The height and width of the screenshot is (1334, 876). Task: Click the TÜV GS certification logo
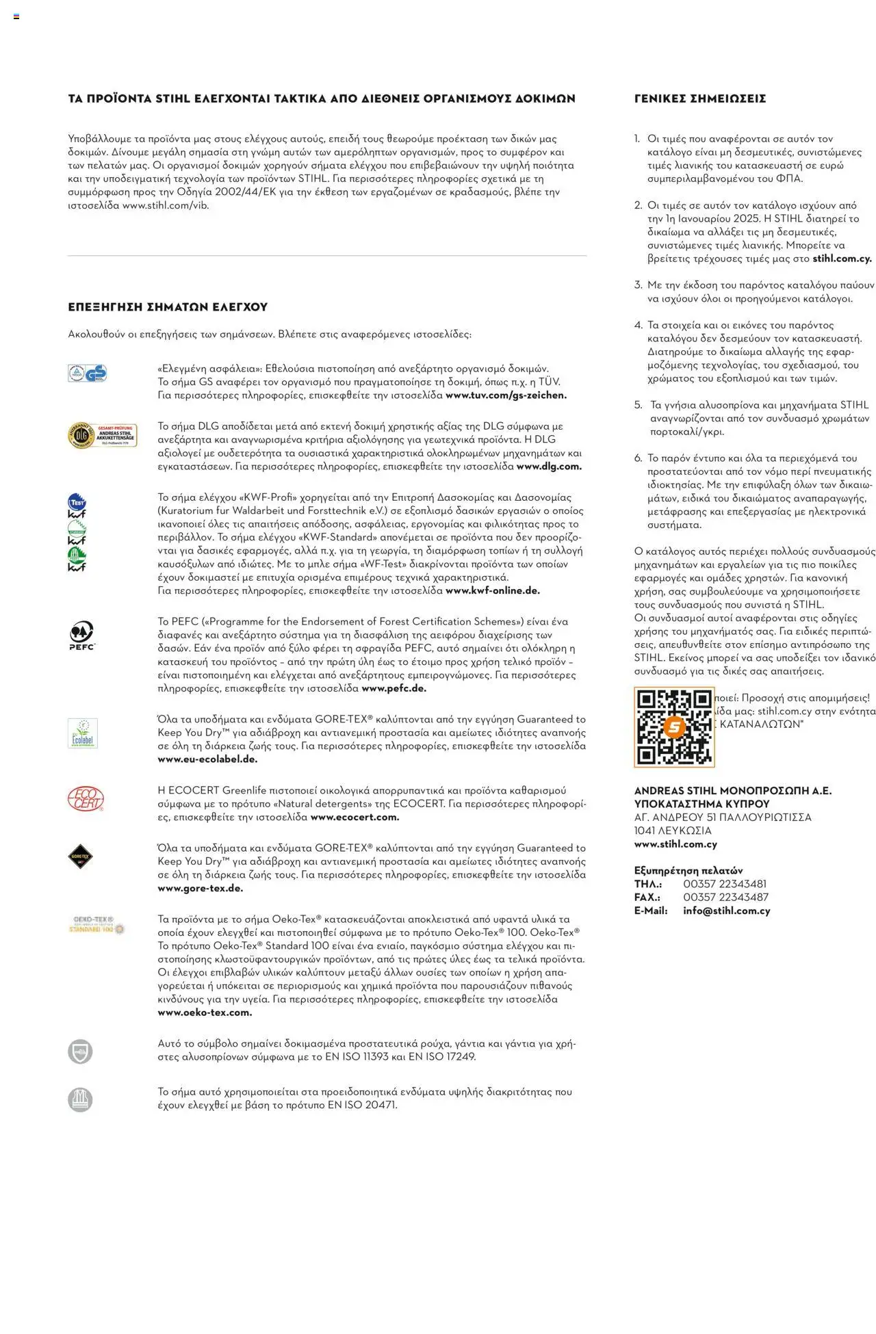click(87, 373)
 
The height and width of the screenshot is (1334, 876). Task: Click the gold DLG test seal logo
click(102, 435)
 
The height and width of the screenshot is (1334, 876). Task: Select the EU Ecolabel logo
click(82, 733)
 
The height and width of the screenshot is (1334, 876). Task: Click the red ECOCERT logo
click(86, 798)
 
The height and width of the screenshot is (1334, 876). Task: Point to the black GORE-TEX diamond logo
click(80, 856)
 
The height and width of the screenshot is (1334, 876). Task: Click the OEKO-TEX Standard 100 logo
click(96, 925)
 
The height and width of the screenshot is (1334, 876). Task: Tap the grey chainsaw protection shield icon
click(80, 1051)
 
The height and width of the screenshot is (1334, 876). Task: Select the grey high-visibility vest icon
click(80, 1099)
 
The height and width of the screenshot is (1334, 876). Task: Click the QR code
click(674, 727)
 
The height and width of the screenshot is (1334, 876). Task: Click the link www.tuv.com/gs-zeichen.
click(506, 395)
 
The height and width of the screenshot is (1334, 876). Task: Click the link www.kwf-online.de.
click(492, 590)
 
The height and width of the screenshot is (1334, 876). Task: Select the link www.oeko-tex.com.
click(205, 1012)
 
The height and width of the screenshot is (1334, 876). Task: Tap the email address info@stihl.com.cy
click(726, 911)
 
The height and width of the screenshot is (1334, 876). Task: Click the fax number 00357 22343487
click(725, 897)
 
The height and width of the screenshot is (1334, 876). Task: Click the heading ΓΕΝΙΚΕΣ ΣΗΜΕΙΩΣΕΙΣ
click(699, 99)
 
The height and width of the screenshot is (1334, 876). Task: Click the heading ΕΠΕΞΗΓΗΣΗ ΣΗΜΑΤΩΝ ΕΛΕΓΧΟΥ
click(168, 307)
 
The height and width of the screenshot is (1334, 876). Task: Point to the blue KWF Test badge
click(77, 502)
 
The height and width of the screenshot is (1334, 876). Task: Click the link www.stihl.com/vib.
click(165, 205)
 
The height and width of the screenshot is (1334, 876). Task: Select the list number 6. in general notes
click(638, 458)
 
